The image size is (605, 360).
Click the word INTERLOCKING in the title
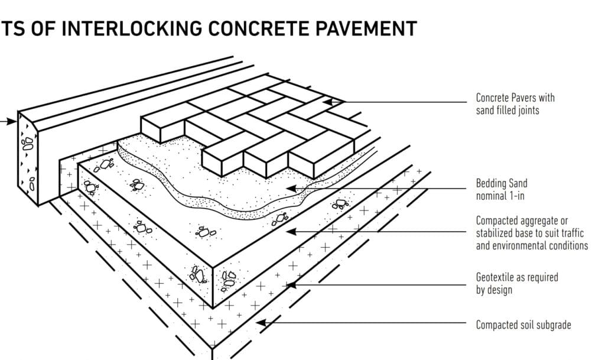coord(132,28)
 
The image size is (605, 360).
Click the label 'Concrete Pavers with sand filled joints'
coord(515,104)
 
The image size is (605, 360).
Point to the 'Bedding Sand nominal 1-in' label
coord(502,189)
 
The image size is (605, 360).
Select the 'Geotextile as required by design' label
coord(517,283)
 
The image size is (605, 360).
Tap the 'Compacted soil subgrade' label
coord(523,325)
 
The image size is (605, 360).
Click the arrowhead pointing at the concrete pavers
coord(327,102)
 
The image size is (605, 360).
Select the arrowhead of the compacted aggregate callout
coord(291,232)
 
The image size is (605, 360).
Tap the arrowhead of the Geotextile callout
coord(291,285)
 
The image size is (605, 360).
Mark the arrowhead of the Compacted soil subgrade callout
coord(262,323)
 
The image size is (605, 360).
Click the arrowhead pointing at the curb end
coord(12,122)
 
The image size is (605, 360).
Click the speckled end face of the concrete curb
coord(28,158)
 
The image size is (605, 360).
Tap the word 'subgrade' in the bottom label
coord(552,325)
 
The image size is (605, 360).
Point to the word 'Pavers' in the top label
coord(526,98)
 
